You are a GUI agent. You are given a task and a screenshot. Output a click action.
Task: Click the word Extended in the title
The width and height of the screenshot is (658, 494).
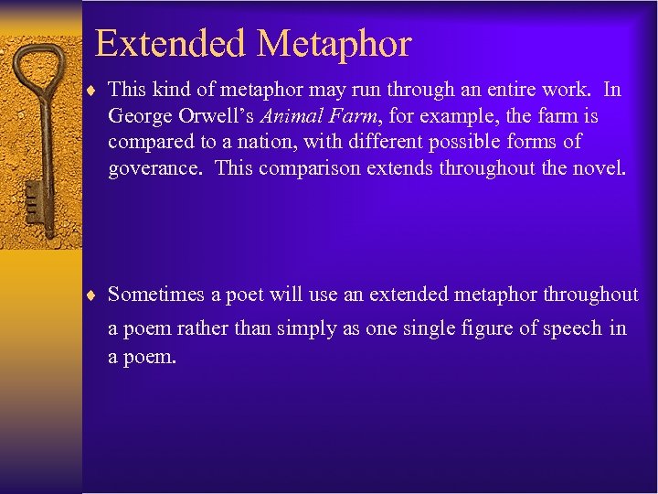pos(170,43)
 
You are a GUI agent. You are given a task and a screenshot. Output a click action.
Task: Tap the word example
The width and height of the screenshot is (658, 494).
pos(462,116)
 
